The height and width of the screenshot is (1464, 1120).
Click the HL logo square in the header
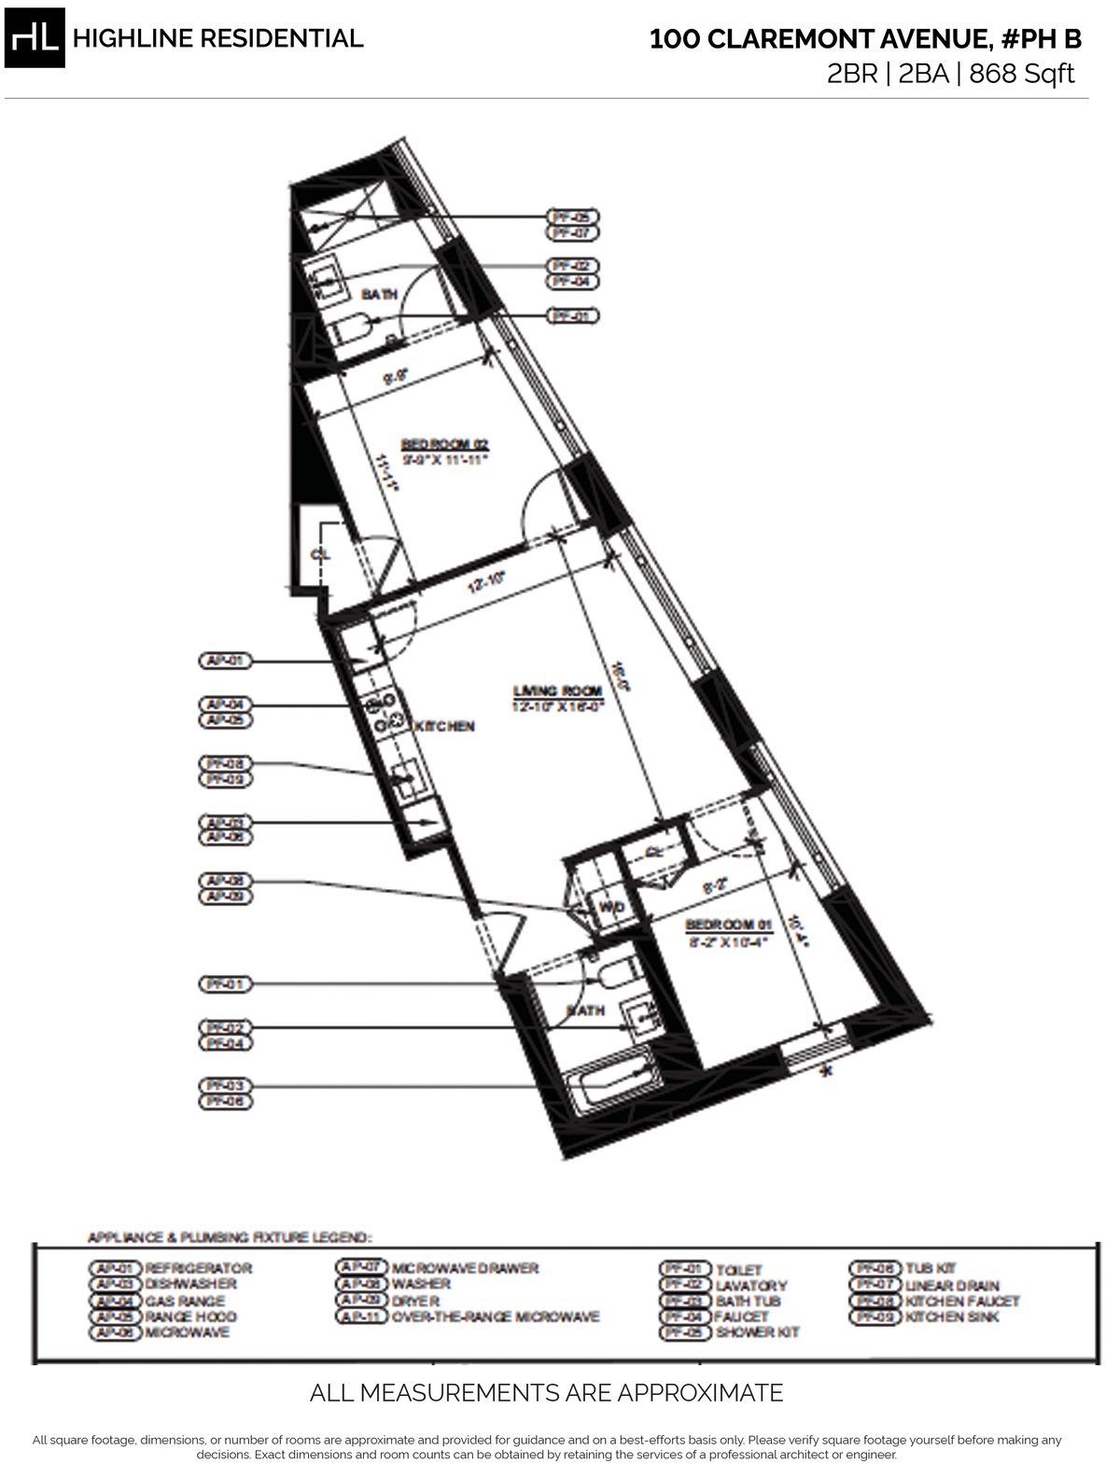click(35, 38)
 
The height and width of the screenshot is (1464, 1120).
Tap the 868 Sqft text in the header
click(1022, 74)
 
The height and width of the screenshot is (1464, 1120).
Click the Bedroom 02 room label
click(445, 445)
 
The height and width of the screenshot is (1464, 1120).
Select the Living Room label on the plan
click(557, 691)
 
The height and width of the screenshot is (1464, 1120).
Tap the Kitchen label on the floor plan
click(444, 726)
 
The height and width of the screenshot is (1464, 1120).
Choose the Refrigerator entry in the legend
click(198, 1268)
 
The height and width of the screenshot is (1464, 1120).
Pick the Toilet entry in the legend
click(737, 1270)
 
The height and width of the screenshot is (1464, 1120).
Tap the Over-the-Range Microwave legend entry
click(495, 1317)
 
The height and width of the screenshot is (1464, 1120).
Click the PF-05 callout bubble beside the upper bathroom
click(574, 216)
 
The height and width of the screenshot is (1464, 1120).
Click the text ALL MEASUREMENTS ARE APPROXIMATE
click(546, 1393)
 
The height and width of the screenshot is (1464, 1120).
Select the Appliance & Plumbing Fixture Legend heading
click(229, 1237)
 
